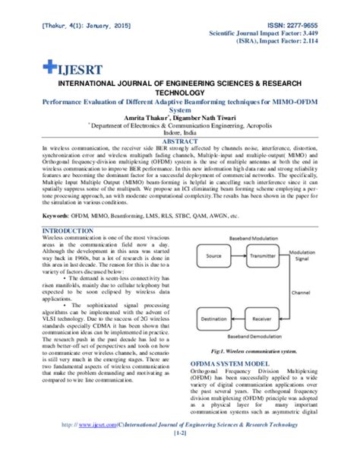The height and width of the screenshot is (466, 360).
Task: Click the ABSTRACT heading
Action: pyautogui.click(x=179, y=141)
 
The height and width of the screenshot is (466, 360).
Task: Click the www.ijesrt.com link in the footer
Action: pyautogui.click(x=90, y=448)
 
